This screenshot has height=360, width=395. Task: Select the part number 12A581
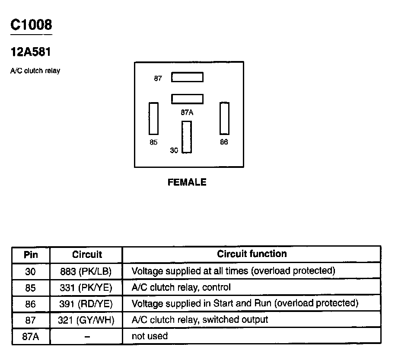31,52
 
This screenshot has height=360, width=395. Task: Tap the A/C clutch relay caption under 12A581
35,71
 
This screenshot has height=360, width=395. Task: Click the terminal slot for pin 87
187,77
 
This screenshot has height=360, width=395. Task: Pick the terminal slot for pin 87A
187,99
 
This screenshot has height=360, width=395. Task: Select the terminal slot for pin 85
153,118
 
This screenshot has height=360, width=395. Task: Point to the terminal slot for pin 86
224,118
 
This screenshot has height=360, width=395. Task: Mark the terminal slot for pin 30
187,137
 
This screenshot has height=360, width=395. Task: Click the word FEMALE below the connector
187,182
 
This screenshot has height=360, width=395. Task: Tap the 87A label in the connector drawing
187,112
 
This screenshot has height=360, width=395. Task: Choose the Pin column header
31,254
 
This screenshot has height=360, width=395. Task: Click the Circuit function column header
252,254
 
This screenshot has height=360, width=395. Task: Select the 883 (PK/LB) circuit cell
86,271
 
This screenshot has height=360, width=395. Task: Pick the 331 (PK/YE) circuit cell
86,287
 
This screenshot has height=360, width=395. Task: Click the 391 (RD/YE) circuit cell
86,304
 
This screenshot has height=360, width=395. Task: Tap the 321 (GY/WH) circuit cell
86,320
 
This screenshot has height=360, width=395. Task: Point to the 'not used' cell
150,336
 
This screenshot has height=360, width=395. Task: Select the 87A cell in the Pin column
31,336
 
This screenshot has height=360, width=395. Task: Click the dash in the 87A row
86,336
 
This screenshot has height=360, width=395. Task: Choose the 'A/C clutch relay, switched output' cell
200,320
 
